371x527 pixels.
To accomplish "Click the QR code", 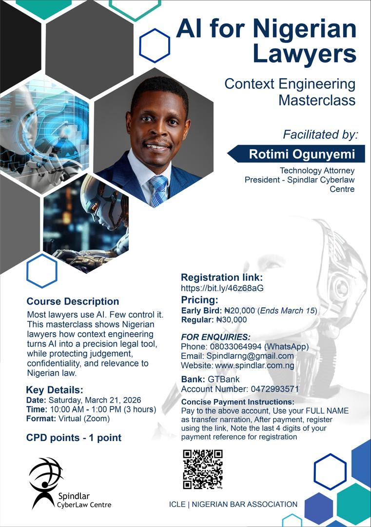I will pos(202,469).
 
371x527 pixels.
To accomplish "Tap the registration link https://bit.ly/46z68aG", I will pos(222,288).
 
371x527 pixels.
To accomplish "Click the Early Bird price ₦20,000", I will pos(239,311).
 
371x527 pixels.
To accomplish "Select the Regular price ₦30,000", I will pos(232,320).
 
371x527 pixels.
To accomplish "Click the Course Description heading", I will pos(73,302).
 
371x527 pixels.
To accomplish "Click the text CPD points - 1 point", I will pos(74,438).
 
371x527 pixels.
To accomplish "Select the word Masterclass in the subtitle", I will pos(317,101).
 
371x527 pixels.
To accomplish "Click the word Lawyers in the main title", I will pos(305,54).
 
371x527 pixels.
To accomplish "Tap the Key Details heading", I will pos(55,389).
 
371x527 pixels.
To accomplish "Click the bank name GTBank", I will pos(224,379).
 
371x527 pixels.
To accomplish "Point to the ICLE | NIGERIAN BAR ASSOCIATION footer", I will pos(230,504).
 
